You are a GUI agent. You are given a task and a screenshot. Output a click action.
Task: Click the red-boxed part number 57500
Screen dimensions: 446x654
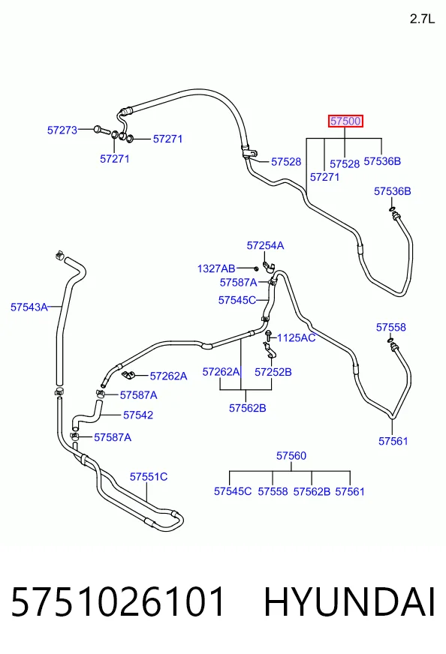(345, 121)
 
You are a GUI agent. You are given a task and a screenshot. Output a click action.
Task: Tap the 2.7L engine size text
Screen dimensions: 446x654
(422, 19)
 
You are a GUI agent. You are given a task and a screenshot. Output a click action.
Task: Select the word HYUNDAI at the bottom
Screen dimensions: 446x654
(350, 601)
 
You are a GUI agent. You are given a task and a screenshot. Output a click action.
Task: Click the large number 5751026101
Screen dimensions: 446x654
(118, 601)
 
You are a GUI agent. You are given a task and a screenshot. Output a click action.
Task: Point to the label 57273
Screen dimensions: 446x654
(62, 130)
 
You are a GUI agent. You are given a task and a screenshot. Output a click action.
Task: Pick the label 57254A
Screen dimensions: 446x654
(265, 246)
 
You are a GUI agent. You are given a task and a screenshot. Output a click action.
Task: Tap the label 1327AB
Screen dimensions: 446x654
(216, 268)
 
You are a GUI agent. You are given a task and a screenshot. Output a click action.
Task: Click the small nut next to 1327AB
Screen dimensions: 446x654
(256, 268)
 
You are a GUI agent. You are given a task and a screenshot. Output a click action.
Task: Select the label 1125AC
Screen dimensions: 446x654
(296, 337)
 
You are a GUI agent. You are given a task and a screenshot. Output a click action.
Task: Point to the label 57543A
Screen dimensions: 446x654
(29, 307)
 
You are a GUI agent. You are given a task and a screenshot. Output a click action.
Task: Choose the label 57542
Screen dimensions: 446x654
(138, 415)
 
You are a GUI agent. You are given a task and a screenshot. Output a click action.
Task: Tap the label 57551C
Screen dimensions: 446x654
(149, 477)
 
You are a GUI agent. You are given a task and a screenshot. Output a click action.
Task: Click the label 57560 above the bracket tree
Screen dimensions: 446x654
(291, 456)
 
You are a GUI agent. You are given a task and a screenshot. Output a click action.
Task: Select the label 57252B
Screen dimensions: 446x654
(273, 372)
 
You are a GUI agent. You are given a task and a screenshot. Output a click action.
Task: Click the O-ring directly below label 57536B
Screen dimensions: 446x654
(393, 209)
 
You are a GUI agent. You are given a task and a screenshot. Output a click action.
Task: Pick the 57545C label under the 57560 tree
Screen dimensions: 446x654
(233, 491)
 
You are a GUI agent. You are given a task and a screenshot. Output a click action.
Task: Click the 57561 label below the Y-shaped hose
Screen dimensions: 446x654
(393, 441)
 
